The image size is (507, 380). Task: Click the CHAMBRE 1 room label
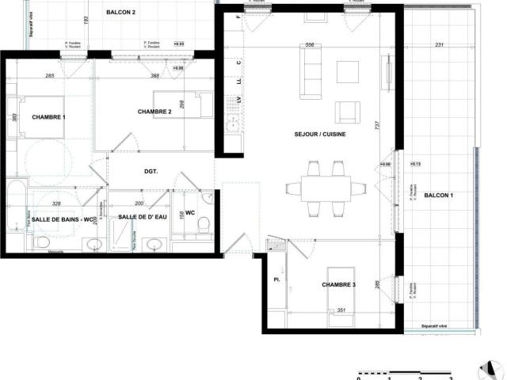tap(49, 117)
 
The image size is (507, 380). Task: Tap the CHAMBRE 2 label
tap(154, 112)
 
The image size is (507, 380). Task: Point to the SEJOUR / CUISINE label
tap(319, 135)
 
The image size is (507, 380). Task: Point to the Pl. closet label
tap(276, 280)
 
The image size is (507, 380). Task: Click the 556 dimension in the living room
tap(311, 45)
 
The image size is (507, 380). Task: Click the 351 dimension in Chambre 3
tap(341, 310)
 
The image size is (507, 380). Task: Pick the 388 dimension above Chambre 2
tap(156, 76)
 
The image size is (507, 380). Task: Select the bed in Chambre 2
tap(181, 102)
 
